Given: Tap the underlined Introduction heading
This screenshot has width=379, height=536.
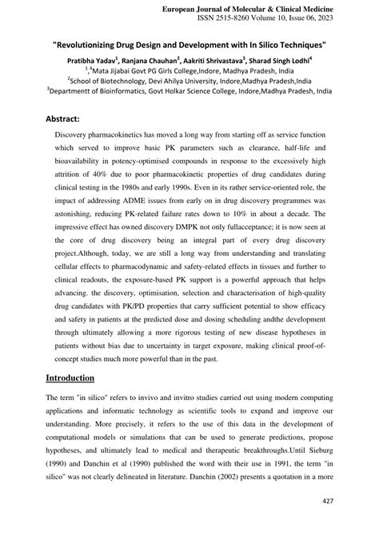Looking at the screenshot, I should click(70, 378).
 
